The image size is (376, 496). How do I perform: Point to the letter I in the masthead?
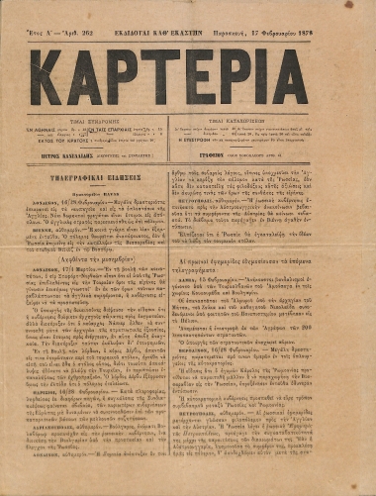pyautogui.click(x=287, y=72)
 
